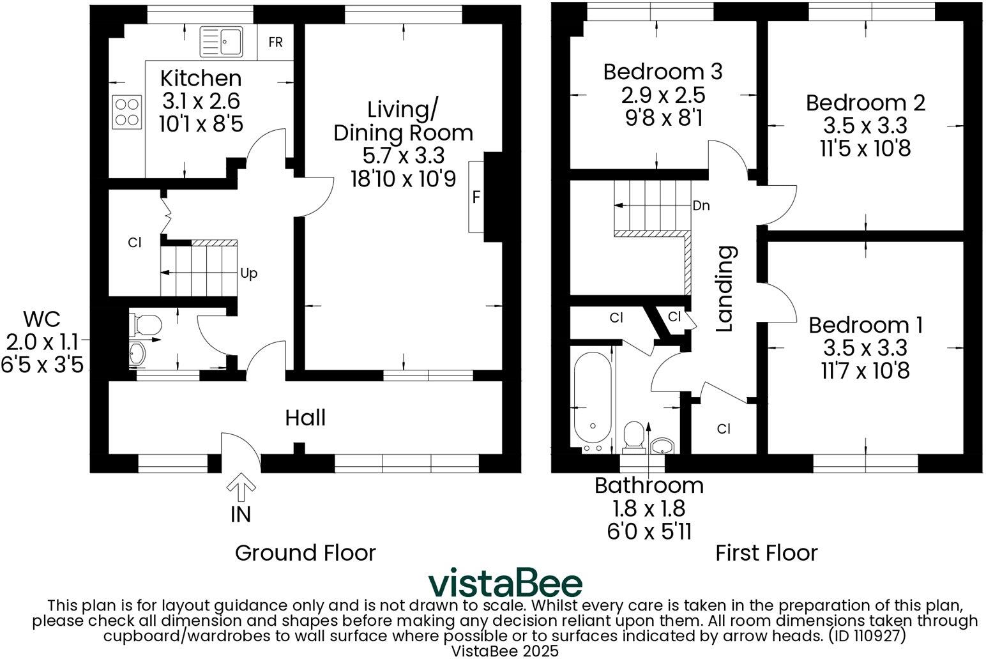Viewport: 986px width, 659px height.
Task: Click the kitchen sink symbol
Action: coord(222,42)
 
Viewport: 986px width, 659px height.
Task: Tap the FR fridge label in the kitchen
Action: coord(275,43)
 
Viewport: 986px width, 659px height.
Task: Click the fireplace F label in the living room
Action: coord(476,197)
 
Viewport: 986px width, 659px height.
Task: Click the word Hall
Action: coord(305,418)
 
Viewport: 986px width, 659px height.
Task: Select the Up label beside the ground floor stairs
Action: coord(248,273)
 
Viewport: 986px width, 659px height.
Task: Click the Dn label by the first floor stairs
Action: coord(701,206)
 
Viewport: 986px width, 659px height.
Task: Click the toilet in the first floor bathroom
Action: coord(634,436)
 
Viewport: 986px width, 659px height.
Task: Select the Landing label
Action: coord(725,289)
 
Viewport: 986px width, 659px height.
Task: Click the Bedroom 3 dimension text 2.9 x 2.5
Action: coord(662,95)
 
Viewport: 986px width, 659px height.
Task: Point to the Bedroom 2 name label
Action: coord(865,103)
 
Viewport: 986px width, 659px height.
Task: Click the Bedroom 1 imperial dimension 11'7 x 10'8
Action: coord(865,370)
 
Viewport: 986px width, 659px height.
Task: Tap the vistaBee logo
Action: coord(504,582)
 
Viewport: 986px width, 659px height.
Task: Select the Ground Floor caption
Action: coord(305,552)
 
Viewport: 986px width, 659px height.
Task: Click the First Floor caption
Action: coord(766,552)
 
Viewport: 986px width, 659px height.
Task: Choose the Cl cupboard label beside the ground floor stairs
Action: coord(134,243)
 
